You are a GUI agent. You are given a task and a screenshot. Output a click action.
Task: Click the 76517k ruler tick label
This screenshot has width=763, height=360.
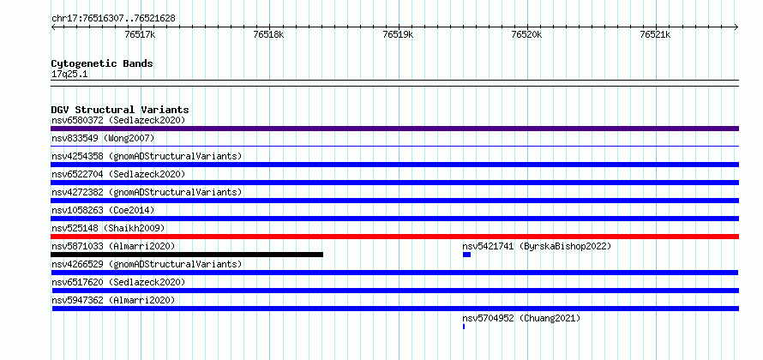pyautogui.click(x=140, y=34)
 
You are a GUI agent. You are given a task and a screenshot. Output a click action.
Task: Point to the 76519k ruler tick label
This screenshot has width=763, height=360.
pyautogui.click(x=398, y=34)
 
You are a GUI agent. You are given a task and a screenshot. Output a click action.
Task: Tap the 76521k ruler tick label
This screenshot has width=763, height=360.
pyautogui.click(x=656, y=34)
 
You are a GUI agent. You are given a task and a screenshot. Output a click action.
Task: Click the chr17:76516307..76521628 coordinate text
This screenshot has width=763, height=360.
pyautogui.click(x=113, y=19)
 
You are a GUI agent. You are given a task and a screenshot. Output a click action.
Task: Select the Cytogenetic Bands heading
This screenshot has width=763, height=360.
pyautogui.click(x=102, y=63)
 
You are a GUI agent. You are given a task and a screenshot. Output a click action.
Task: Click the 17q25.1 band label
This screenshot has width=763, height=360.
pyautogui.click(x=69, y=74)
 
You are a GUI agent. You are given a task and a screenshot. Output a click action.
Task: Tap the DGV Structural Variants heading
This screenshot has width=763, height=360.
pyautogui.click(x=120, y=110)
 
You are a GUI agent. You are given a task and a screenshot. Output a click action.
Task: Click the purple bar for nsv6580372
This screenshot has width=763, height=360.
pyautogui.click(x=394, y=129)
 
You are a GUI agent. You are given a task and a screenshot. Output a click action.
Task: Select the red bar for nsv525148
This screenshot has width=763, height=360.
pyautogui.click(x=394, y=237)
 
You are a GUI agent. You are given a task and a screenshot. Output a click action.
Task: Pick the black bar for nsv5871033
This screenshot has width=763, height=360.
pyautogui.click(x=187, y=255)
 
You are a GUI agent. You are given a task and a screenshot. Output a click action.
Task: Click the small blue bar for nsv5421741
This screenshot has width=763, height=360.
pyautogui.click(x=466, y=255)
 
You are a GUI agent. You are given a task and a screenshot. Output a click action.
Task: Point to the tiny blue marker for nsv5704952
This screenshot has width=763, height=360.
pyautogui.click(x=464, y=327)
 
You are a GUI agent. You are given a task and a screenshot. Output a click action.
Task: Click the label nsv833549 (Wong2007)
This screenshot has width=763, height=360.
pyautogui.click(x=103, y=139)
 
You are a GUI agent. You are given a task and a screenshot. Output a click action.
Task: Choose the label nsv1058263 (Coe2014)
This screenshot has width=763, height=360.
pyautogui.click(x=103, y=211)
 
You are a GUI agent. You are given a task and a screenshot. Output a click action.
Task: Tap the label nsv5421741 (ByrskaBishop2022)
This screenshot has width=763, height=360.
pyautogui.click(x=537, y=246)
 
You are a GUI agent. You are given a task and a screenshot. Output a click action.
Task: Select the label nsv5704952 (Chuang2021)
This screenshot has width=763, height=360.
pyautogui.click(x=521, y=318)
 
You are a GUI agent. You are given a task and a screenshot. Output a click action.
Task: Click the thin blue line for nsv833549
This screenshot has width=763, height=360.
pyautogui.click(x=394, y=146)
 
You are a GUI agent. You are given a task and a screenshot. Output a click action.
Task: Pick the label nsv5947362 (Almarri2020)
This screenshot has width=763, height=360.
pyautogui.click(x=113, y=300)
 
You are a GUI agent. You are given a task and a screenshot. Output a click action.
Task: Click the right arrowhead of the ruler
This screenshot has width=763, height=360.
pyautogui.click(x=737, y=27)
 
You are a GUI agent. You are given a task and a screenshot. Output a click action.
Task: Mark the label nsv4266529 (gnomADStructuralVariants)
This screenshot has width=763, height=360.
pyautogui.click(x=147, y=264)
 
